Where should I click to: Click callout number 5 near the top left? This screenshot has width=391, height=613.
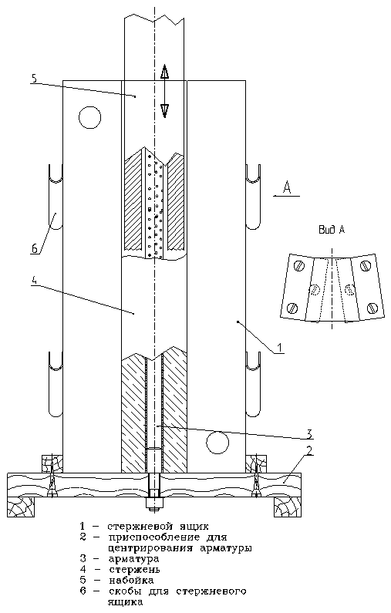tap(34, 78)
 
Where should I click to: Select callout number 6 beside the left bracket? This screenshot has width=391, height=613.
tap(35, 248)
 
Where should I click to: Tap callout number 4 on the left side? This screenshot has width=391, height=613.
tap(34, 281)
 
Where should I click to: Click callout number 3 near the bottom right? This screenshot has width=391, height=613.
tap(308, 433)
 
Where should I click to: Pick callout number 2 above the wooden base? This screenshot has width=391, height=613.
tap(309, 450)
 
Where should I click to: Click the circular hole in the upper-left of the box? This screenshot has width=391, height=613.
tap(89, 117)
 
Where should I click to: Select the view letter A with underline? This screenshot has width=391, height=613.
tap(287, 189)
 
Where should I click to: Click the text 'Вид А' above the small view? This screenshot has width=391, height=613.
tap(332, 230)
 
